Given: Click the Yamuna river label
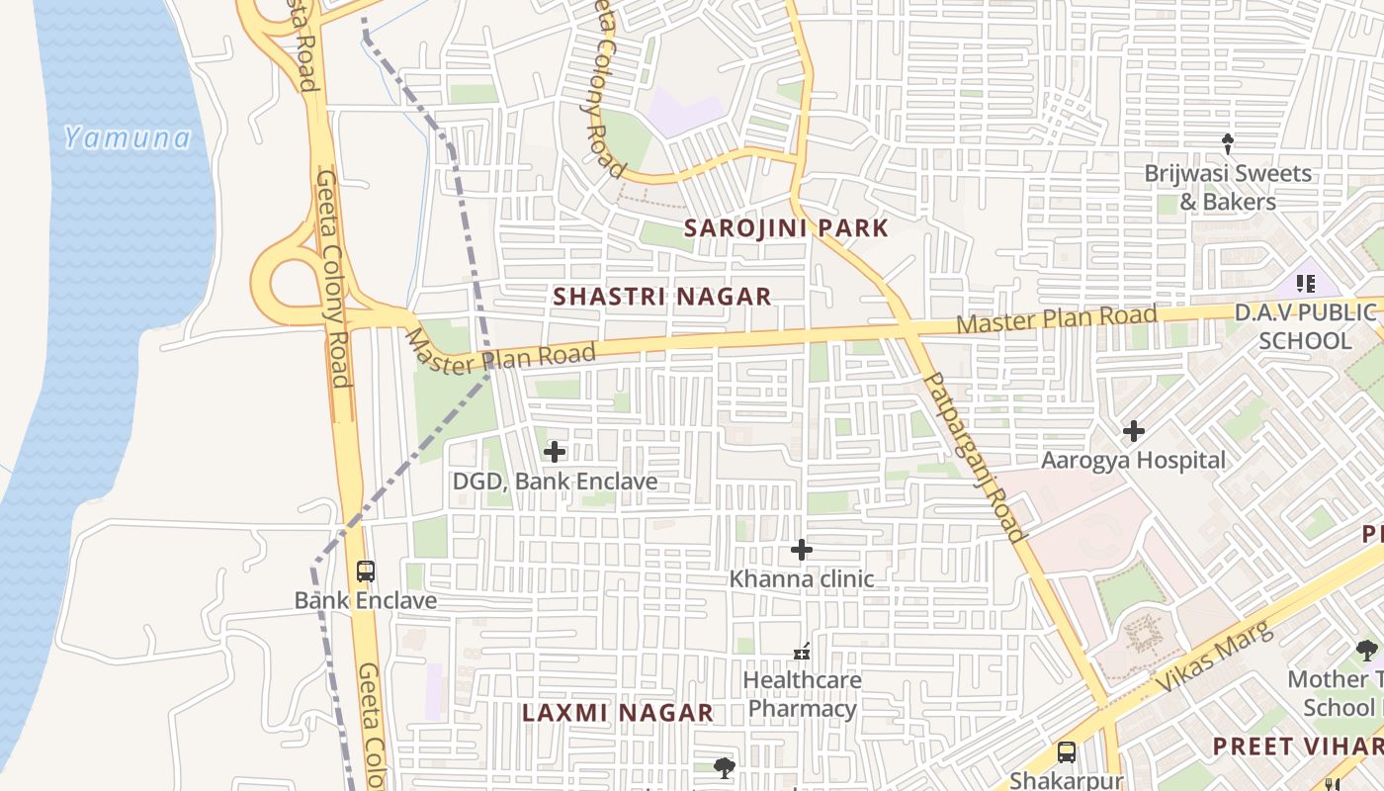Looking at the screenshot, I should [128, 137].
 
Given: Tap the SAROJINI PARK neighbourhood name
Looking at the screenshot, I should [787, 228].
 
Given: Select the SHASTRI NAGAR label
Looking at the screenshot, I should [661, 297].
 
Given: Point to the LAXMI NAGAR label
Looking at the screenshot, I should [618, 713].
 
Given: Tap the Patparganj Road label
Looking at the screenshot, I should [975, 457].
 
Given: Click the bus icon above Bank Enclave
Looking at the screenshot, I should [366, 571].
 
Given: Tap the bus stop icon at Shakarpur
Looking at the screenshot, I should [1067, 751].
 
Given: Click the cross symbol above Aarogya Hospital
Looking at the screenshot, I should [1134, 431].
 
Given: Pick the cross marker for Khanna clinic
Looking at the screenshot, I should [802, 549].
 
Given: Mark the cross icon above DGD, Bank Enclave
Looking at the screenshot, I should [555, 452].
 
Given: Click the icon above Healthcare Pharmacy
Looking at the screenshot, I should [802, 652].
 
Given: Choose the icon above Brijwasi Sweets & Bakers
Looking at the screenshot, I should [1228, 144].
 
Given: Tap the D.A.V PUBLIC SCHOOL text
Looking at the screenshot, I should [1305, 327].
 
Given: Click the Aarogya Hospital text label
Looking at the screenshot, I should [1134, 461].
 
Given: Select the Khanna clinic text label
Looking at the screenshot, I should [802, 579].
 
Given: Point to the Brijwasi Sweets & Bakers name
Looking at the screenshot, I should [1228, 188].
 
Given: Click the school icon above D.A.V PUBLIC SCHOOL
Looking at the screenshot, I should [1305, 285].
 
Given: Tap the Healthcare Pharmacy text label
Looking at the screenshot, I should [802, 695].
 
